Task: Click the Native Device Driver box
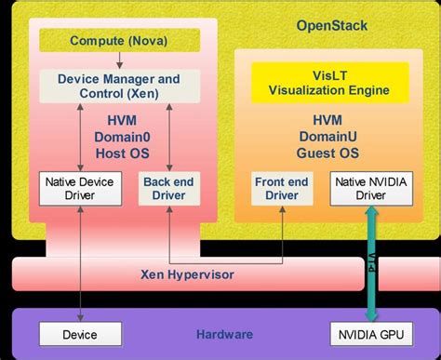[79, 189]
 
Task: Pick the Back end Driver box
[168, 189]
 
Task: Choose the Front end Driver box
[281, 189]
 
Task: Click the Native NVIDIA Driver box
[369, 189]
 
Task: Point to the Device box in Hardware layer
[79, 333]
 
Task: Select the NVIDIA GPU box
[369, 333]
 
